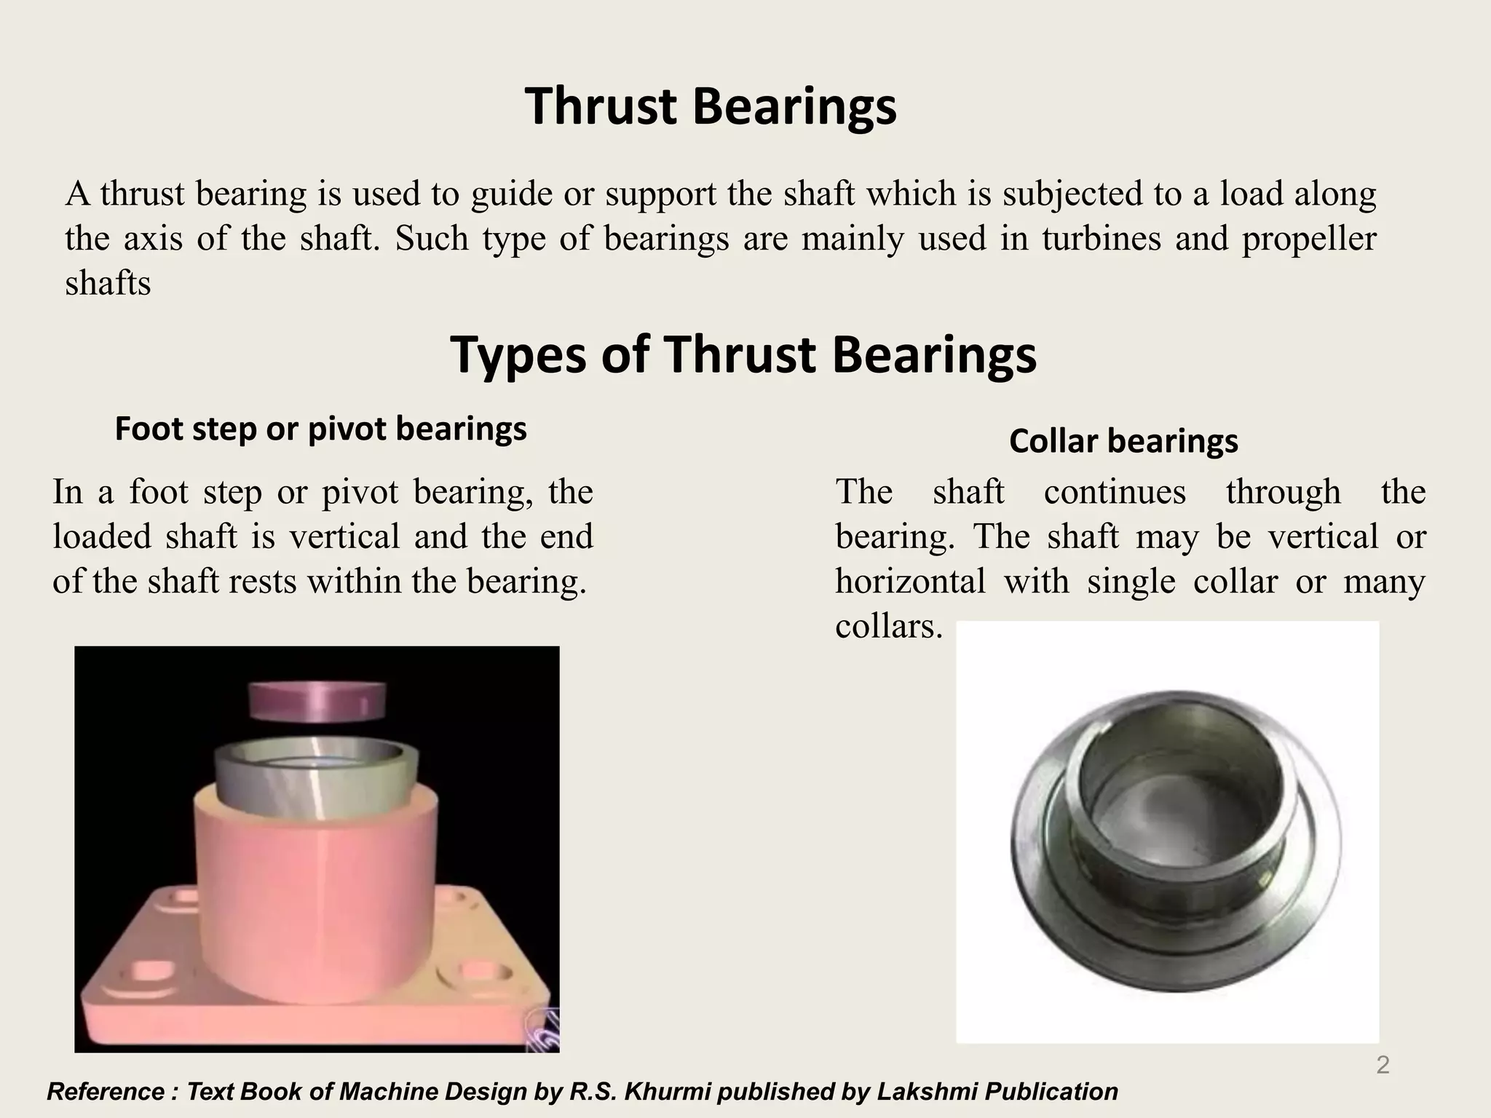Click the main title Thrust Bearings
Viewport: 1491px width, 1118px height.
coord(710,107)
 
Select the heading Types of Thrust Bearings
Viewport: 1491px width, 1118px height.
coord(743,355)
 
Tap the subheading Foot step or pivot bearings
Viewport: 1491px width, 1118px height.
coord(320,429)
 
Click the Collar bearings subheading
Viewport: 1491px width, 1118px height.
coord(1123,441)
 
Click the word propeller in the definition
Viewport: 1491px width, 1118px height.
coord(1308,239)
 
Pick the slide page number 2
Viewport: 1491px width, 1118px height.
coord(1383,1066)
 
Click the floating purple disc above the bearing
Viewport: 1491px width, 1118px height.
coord(317,701)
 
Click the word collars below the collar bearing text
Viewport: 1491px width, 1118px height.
coord(888,626)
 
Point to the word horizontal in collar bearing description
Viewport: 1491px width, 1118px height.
coord(910,582)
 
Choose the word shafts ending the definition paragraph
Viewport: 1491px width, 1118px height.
coord(108,283)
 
